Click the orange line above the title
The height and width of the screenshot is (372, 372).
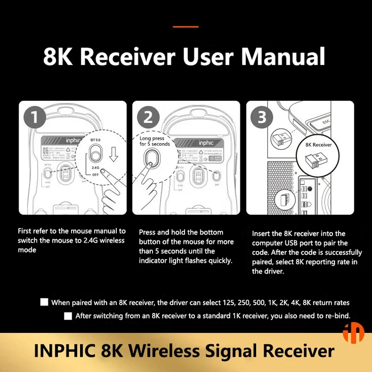[186, 27]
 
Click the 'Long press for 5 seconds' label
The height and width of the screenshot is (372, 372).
[155, 141]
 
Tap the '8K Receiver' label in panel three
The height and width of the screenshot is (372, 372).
[319, 145]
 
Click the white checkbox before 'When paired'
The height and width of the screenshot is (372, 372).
[44, 302]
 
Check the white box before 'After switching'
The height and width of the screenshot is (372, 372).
[68, 316]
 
